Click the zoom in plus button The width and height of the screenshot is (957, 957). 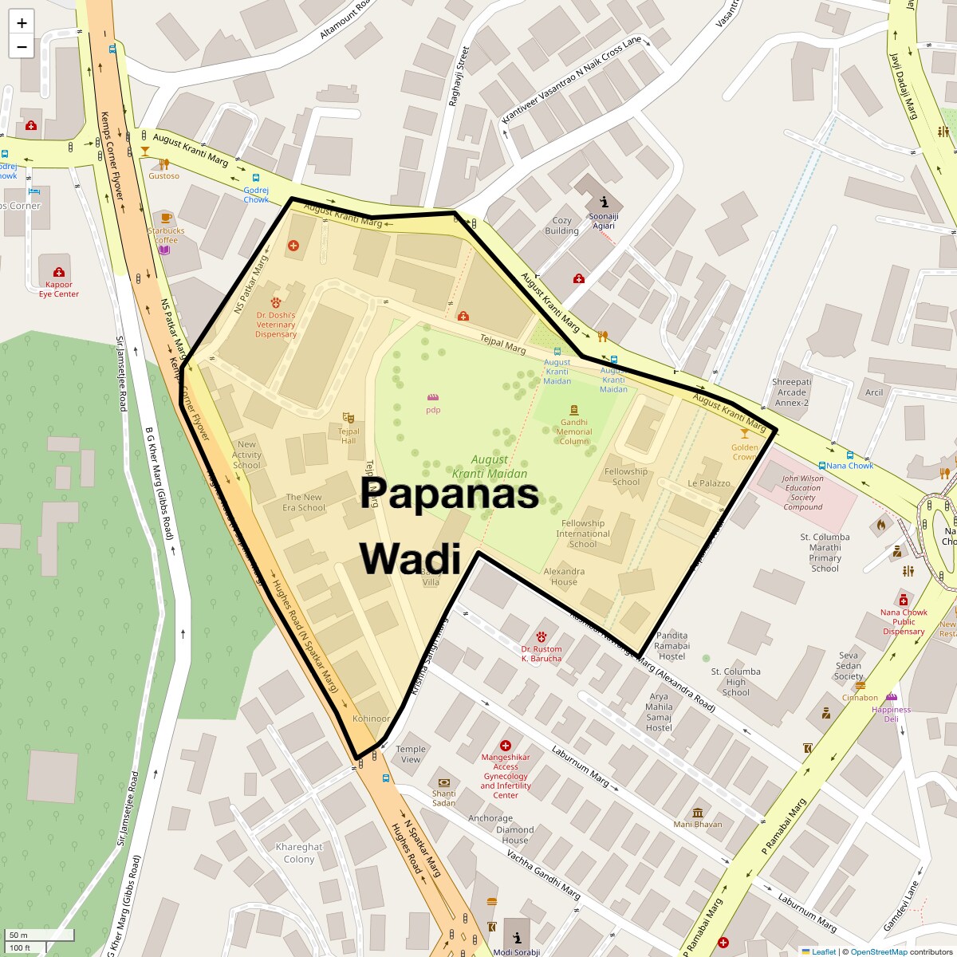click(22, 22)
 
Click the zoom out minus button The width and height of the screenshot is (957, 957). click(22, 46)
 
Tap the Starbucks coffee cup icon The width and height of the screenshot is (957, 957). click(166, 218)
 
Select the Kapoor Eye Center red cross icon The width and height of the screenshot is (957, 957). click(58, 273)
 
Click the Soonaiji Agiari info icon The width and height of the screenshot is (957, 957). click(604, 202)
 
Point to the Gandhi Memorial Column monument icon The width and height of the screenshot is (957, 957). click(573, 410)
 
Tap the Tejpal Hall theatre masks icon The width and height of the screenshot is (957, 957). click(348, 417)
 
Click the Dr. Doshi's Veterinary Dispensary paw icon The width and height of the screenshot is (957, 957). click(276, 302)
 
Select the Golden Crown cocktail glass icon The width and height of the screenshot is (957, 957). click(745, 433)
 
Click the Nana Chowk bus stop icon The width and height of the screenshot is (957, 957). click(822, 466)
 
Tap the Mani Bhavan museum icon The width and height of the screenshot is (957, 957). click(698, 813)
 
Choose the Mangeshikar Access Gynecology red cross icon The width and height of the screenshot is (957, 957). click(505, 745)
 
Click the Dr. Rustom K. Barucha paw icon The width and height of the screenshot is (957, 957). click(541, 636)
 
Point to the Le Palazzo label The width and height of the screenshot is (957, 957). click(709, 483)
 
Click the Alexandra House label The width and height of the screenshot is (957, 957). click(564, 577)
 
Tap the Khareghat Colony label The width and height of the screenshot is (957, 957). click(299, 853)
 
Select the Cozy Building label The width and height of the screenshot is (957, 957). click(561, 226)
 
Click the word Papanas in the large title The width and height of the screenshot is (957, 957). click(449, 493)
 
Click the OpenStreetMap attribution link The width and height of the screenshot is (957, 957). click(877, 951)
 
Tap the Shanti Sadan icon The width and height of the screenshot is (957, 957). click(443, 782)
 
